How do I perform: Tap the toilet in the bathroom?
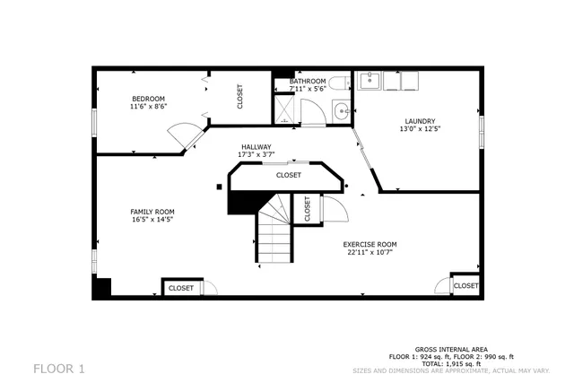pos(337,83)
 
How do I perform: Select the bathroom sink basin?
pos(341,112)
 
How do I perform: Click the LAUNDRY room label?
pos(420,121)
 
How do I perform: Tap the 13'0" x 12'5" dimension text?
pos(420,129)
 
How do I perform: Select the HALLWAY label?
pos(256,147)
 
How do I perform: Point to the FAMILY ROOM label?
pos(152,212)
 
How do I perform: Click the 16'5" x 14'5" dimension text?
pos(152,220)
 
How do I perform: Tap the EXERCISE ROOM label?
pos(370,244)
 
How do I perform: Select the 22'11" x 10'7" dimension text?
pos(370,252)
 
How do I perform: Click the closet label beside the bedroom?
pos(240,96)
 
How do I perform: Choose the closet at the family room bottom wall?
pos(181,288)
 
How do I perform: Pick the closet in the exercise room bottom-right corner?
pos(465,285)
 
